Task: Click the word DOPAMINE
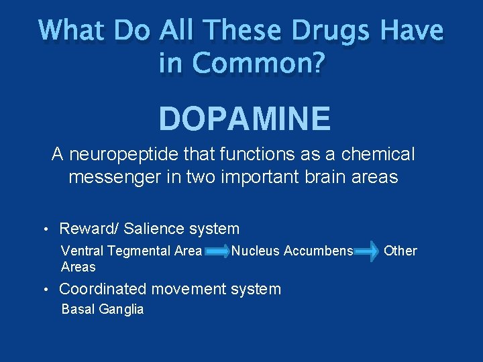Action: (x=244, y=119)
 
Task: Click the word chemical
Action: (x=378, y=155)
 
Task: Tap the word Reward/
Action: (x=89, y=229)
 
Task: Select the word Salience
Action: (x=152, y=229)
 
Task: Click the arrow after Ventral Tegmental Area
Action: (x=217, y=251)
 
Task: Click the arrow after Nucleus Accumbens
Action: (x=367, y=251)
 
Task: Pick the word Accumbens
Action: (x=319, y=251)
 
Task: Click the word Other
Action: (x=401, y=251)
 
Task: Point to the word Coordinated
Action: (x=103, y=289)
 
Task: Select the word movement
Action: (x=189, y=289)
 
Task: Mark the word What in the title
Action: (x=72, y=31)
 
